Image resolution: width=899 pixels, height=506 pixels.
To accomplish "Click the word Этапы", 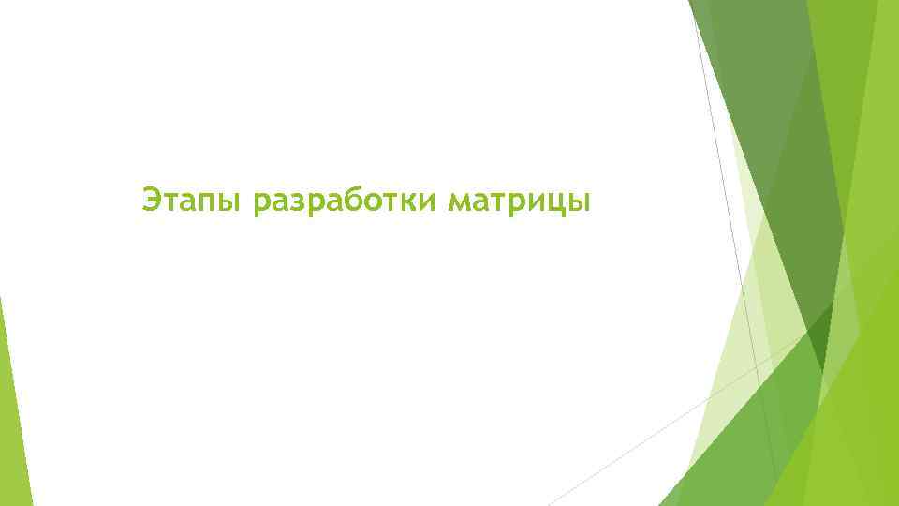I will (x=192, y=200).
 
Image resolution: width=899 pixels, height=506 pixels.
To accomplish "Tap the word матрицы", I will (x=520, y=200).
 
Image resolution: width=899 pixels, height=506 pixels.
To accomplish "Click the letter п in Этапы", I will (x=207, y=201).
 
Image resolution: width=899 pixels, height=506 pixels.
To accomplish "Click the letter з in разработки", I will (x=297, y=201).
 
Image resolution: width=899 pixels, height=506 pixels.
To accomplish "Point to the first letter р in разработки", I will (x=262, y=203).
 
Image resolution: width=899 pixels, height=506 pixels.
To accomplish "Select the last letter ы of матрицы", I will (x=579, y=201).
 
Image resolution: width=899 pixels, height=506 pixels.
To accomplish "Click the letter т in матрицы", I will (x=499, y=201).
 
